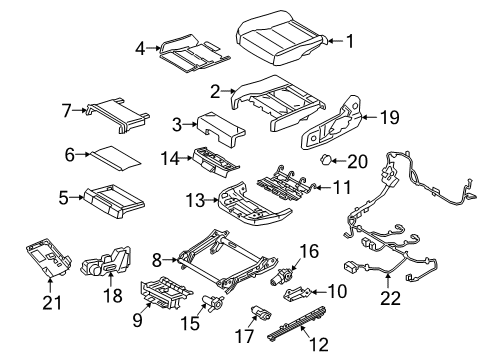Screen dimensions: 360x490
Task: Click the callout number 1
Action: click(x=349, y=41)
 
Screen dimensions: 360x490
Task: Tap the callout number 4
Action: click(x=140, y=45)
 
